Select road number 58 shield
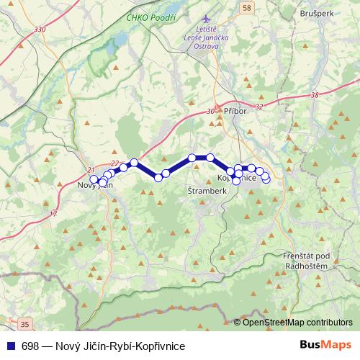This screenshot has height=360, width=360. [248, 7]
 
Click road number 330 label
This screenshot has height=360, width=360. [39, 28]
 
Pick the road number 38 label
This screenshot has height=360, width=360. [315, 95]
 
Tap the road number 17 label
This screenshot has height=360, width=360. [53, 215]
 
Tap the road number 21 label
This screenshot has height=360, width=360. [91, 170]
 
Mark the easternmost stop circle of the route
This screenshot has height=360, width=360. [266, 177]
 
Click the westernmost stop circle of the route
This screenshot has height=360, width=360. [93, 180]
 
